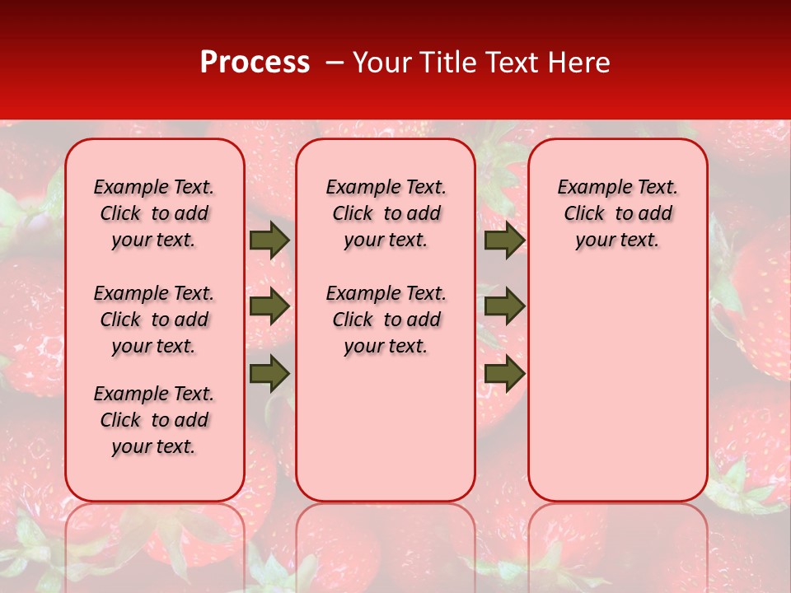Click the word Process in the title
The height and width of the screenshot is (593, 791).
coord(255,63)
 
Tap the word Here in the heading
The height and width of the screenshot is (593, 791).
coord(579,63)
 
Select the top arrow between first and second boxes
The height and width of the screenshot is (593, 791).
coord(269,240)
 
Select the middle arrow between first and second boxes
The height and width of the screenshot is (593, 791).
coord(269,306)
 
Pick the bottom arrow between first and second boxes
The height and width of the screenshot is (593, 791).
coord(269,373)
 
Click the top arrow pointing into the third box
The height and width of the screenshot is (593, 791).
coord(504,240)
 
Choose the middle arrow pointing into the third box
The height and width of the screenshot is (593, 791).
coord(504,306)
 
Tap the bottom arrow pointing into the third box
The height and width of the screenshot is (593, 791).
coord(504,373)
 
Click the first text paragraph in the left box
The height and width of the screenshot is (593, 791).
coord(154,213)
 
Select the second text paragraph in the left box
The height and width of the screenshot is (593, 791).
coord(154,320)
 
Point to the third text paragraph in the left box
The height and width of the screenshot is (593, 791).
coord(154,420)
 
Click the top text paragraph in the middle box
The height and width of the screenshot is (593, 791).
coord(386,213)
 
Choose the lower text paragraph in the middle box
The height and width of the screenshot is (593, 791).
coord(386,320)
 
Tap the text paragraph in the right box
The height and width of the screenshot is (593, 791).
coord(618,213)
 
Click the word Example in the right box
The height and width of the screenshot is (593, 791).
coord(591,188)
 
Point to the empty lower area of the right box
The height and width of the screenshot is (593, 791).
coord(618,379)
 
